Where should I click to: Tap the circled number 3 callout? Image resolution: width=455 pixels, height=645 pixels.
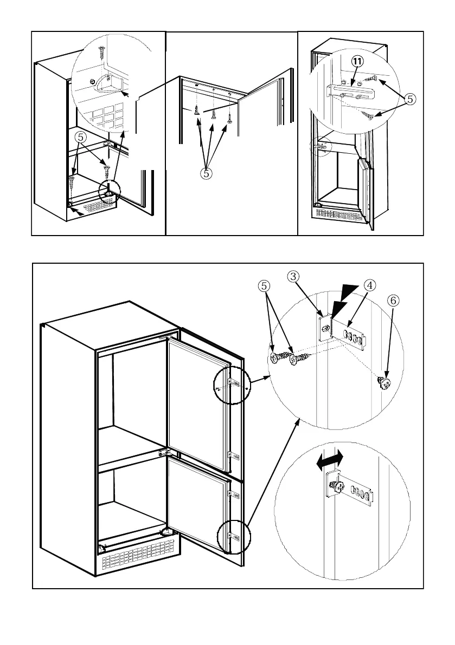[x=293, y=277]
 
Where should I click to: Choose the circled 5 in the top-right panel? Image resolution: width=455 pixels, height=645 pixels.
[x=411, y=99]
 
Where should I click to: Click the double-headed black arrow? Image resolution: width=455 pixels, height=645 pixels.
[x=330, y=462]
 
